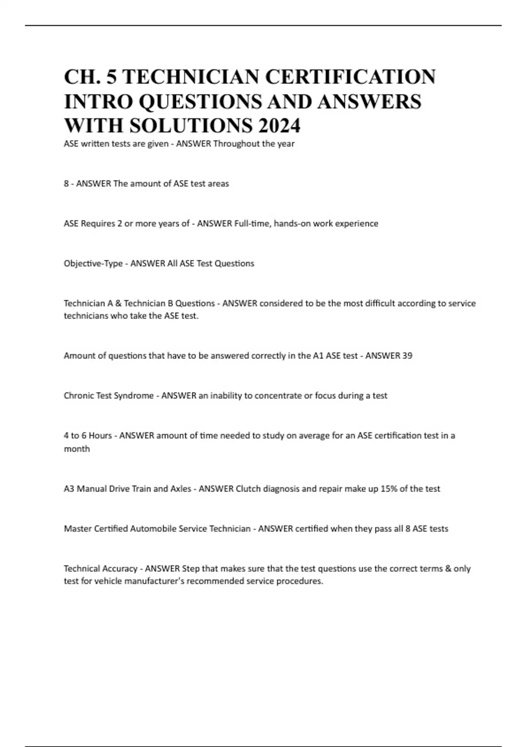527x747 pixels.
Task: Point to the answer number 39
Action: point(407,355)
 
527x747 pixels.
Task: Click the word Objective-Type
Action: point(93,263)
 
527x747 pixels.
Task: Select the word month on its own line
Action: point(77,449)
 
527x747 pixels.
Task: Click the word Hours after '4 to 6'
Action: point(100,435)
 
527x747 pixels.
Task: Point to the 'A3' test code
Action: point(69,489)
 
